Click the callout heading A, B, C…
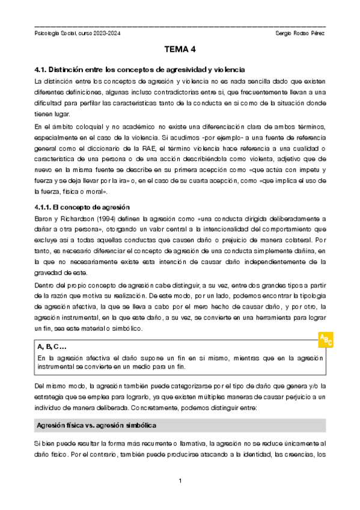[51, 347]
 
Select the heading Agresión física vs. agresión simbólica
[97, 409]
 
